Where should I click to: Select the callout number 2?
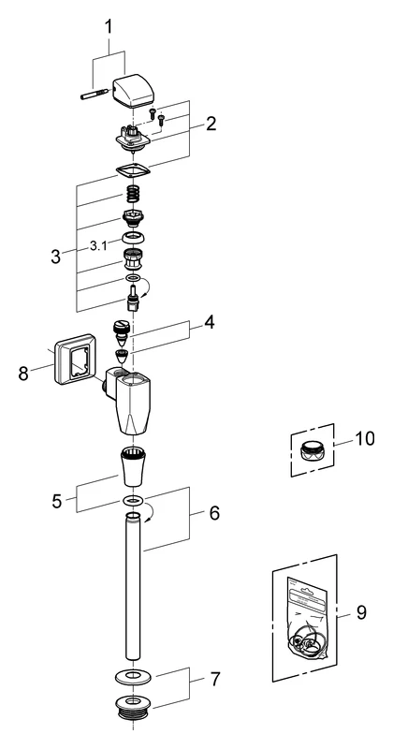coord(211,123)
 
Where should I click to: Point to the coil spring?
coord(137,196)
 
